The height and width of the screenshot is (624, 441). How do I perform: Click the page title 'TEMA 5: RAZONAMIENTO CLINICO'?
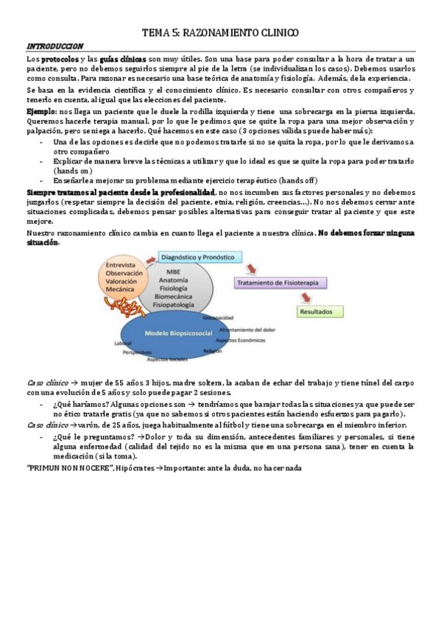click(220, 33)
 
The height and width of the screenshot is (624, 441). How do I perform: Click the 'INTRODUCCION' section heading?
click(54, 46)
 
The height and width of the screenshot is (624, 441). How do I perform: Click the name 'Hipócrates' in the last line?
click(135, 469)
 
